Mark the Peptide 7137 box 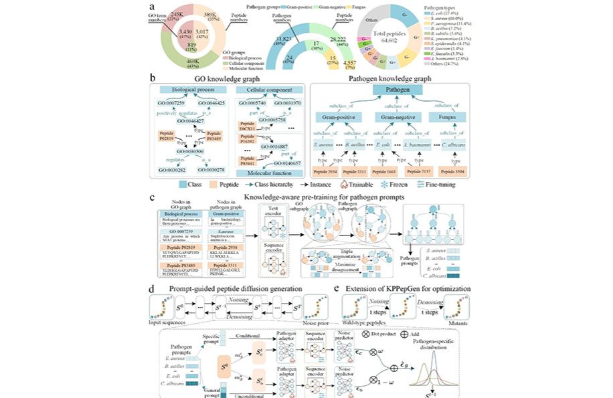[413, 173]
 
